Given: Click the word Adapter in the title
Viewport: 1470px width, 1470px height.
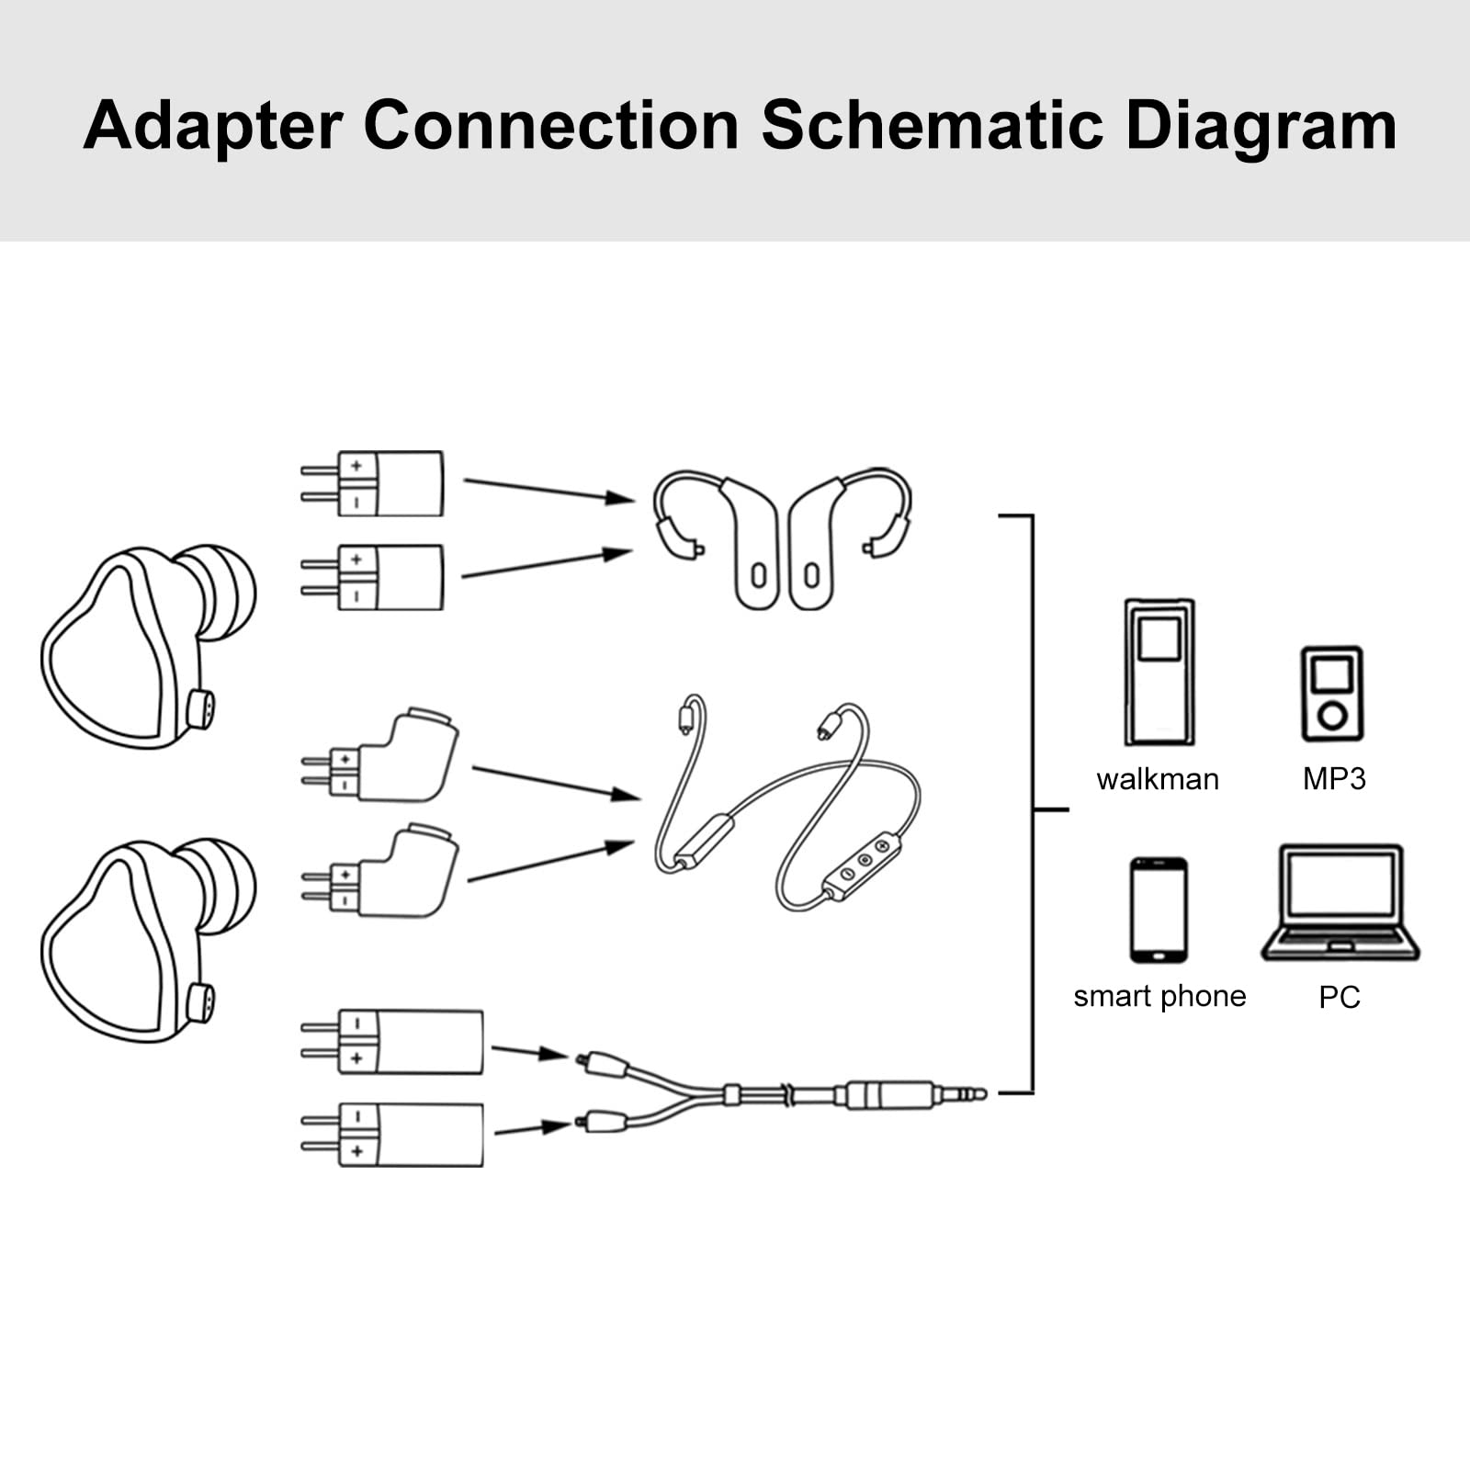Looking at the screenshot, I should (213, 127).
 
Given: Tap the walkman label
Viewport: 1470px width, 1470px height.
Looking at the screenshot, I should (1158, 779).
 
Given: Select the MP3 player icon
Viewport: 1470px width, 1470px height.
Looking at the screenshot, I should (1332, 694).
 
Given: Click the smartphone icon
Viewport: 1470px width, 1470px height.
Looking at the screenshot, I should (1159, 910).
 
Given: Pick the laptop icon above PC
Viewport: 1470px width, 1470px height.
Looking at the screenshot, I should (1340, 902).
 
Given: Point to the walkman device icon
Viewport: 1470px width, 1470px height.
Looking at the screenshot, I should (1159, 672).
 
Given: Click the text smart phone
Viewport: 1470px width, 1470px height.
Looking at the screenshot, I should (1159, 996).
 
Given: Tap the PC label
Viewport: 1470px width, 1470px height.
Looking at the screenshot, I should (1339, 997).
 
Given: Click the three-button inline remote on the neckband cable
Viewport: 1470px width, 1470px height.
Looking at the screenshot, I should (863, 864).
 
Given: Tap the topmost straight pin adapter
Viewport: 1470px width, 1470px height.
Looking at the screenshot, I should (390, 483).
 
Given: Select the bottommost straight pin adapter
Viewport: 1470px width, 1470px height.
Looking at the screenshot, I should (409, 1135).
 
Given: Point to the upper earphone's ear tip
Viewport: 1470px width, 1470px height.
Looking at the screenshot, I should (219, 591).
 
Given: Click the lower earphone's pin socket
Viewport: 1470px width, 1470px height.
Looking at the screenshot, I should (200, 1002).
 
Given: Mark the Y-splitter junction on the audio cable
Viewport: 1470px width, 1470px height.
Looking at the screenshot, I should (731, 1093).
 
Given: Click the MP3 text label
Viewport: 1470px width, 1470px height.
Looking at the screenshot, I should (1334, 779).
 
